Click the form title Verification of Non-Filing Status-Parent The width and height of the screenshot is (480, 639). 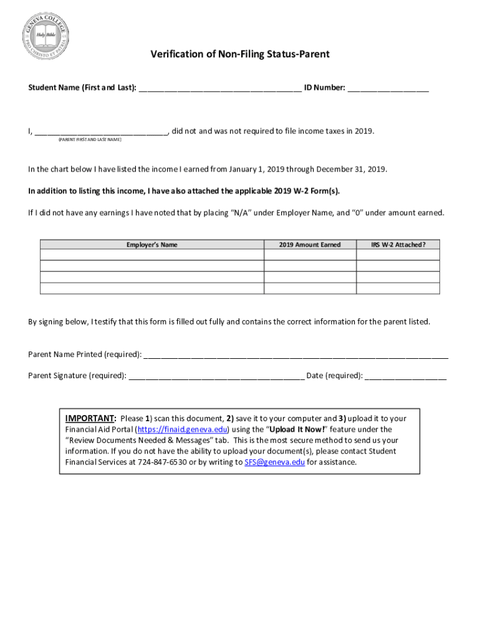[x=239, y=55]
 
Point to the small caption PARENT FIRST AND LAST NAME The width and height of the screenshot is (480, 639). [x=90, y=140]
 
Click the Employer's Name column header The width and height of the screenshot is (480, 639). [x=152, y=245]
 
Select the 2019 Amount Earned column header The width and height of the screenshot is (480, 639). [x=310, y=245]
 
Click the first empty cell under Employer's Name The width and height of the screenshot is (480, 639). [x=152, y=255]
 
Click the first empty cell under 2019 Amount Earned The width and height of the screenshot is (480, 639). [x=310, y=255]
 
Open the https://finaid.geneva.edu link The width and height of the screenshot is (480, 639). [x=182, y=429]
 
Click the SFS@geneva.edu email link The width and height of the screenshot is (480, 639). [x=275, y=462]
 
